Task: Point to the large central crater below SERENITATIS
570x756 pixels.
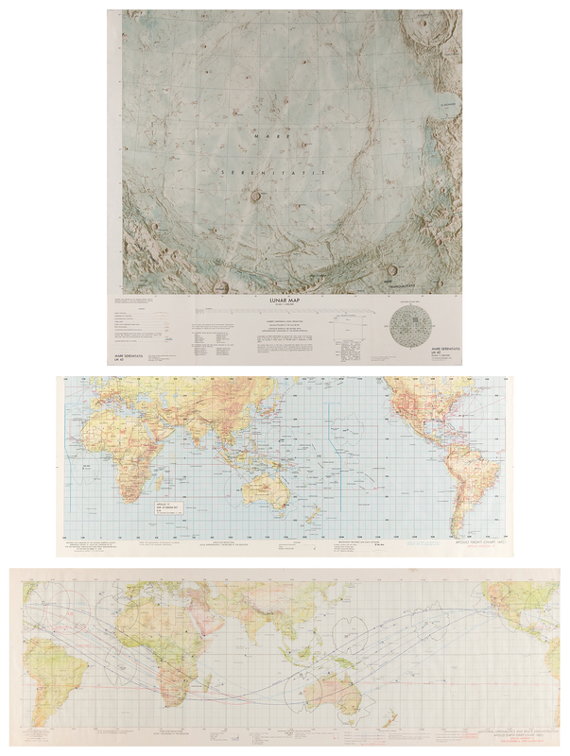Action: tap(256, 197)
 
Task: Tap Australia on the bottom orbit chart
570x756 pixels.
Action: tap(345, 695)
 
